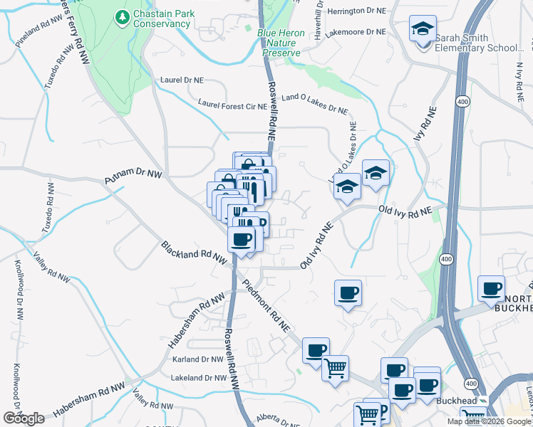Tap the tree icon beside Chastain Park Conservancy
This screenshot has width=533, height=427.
[x=123, y=16]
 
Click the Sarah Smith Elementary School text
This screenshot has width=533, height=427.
[x=482, y=43]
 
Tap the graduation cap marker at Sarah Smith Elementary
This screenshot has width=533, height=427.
[x=423, y=31]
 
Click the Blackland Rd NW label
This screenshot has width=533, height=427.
[x=195, y=253]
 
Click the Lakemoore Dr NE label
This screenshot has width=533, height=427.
[x=355, y=32]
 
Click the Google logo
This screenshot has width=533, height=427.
[x=24, y=418]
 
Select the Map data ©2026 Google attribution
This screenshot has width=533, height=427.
[x=489, y=421]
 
